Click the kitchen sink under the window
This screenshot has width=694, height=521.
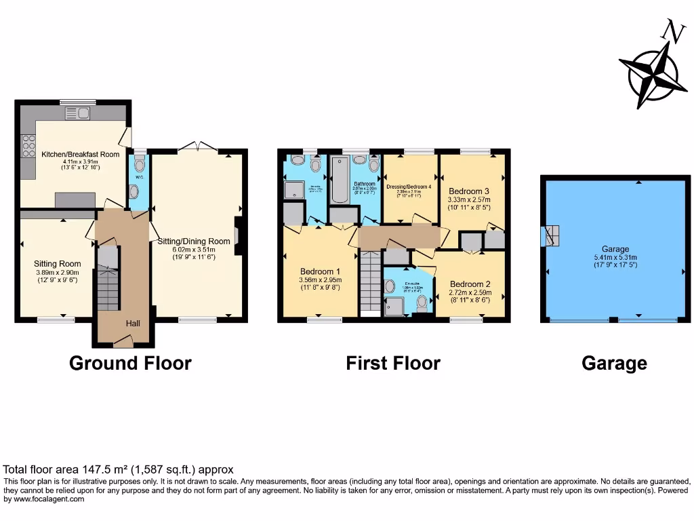73,113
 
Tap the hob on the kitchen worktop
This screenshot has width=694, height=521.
29,146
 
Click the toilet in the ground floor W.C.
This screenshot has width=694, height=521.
140,165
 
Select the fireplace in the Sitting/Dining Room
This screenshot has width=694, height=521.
237,235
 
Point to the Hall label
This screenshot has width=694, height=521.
133,324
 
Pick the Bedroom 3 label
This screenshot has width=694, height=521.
468,191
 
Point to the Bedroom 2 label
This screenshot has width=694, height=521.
470,284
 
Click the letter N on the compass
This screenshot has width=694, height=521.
673,31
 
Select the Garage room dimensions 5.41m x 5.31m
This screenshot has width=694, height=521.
615,260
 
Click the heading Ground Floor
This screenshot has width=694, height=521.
130,364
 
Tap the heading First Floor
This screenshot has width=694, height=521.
393,364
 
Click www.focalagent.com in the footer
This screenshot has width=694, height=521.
45,499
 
